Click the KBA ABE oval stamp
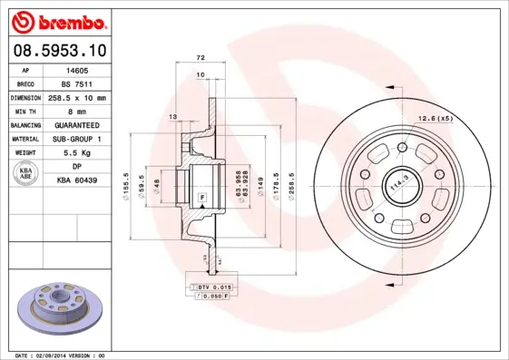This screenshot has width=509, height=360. [28, 174]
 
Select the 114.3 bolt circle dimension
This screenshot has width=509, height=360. [396, 186]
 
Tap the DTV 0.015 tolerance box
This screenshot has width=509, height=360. [212, 287]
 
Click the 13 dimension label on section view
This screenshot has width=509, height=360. [172, 116]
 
